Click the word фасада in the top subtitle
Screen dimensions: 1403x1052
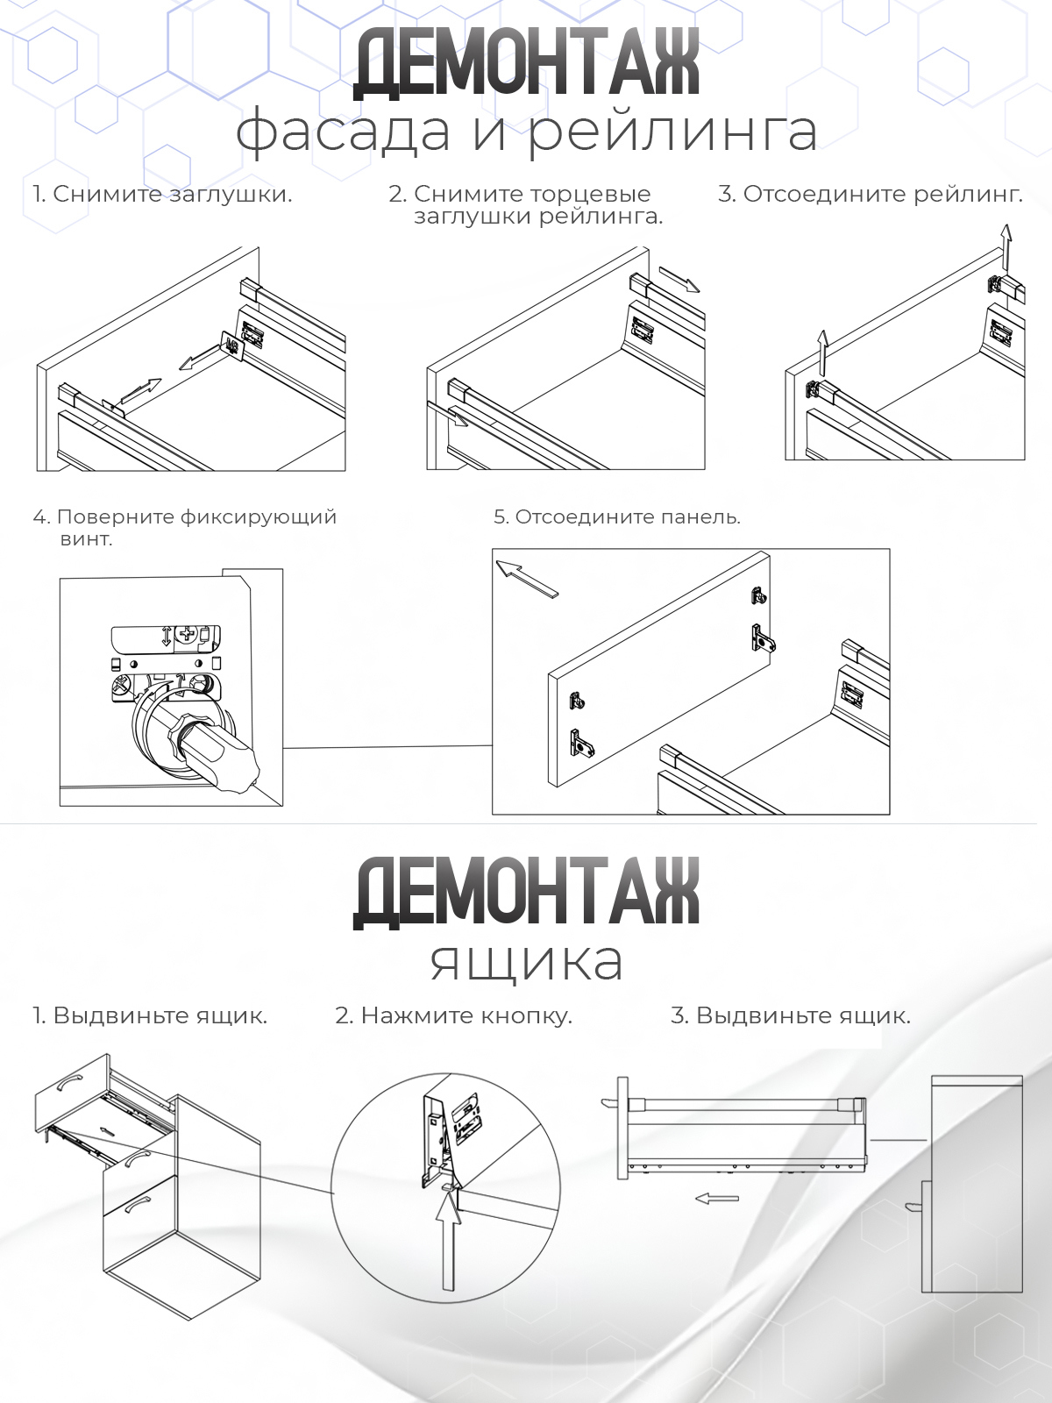[x=344, y=132]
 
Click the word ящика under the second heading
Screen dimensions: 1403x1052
[x=526, y=962]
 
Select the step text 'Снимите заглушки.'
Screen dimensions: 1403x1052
[x=172, y=194]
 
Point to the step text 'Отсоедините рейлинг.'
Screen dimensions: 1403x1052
[x=882, y=194]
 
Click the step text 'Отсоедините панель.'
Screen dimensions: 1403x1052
[x=627, y=516]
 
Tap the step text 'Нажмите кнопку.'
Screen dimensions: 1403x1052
[x=466, y=1015]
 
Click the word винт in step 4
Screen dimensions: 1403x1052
[x=86, y=538]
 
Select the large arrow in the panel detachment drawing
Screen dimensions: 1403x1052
[x=527, y=579]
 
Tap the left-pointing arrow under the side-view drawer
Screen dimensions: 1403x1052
[x=717, y=1198]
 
